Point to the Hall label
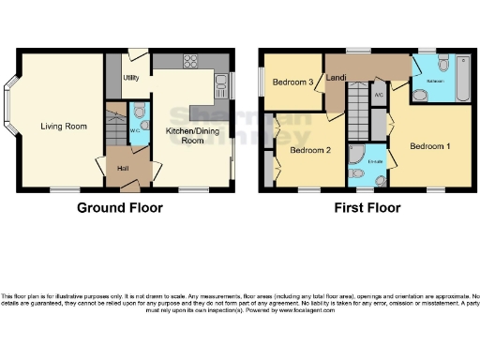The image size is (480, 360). (123, 169)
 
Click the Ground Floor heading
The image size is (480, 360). (119, 208)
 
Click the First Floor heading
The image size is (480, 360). (367, 208)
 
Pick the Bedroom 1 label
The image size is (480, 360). (429, 146)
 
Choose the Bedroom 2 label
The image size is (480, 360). (308, 150)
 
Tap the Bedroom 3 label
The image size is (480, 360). (292, 82)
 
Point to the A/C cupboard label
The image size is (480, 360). (378, 96)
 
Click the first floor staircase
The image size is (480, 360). (356, 97)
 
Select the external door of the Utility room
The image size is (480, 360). (138, 55)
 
